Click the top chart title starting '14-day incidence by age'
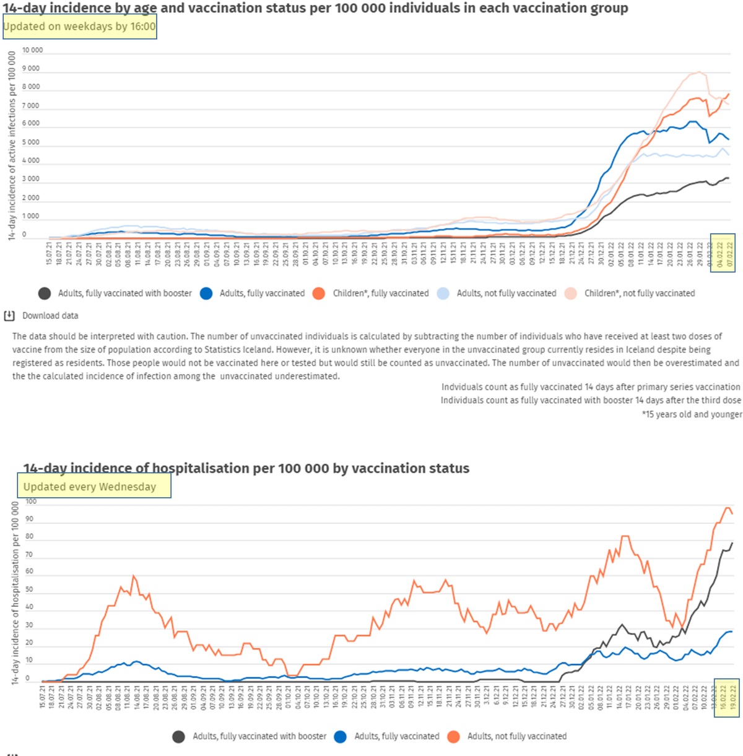[x=316, y=8]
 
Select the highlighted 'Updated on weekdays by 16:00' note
[x=80, y=27]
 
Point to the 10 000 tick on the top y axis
[x=33, y=50]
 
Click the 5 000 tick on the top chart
[x=31, y=142]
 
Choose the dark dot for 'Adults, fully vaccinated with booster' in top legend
[x=45, y=293]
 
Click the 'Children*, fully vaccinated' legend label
[x=380, y=293]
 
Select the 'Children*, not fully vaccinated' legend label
[x=639, y=293]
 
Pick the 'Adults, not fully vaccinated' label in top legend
[x=506, y=293]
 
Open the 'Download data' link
[x=50, y=316]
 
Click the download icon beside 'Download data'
[x=9, y=316]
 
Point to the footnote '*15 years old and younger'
[x=692, y=414]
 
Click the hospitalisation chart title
[x=246, y=469]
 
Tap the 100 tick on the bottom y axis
[x=32, y=502]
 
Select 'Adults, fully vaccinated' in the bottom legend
[x=396, y=736]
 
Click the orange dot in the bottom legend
[x=454, y=736]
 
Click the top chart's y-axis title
[x=12, y=146]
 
